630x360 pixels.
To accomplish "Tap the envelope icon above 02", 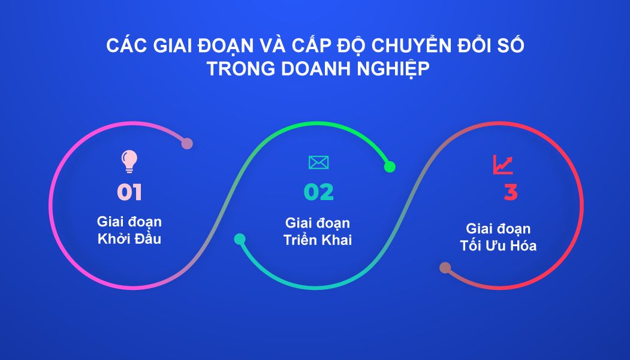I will [x=318, y=162].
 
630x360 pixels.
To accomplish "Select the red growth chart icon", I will [x=502, y=164].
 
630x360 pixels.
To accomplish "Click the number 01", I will [x=129, y=192].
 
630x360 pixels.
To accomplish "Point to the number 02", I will [x=318, y=192].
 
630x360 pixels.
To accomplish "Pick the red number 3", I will [x=510, y=193].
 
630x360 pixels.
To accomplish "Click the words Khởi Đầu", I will [x=129, y=239].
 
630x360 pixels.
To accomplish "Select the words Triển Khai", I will [x=318, y=240].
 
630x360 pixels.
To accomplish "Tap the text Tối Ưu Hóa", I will [x=498, y=245].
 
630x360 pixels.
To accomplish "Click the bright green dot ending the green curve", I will [x=389, y=167].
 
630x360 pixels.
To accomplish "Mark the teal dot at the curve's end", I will [x=240, y=239].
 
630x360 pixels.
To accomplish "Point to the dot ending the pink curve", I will [x=187, y=144].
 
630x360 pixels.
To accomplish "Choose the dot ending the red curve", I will [x=445, y=268].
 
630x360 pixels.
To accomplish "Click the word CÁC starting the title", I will [x=123, y=46].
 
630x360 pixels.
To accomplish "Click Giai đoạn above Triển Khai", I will [x=318, y=223].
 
